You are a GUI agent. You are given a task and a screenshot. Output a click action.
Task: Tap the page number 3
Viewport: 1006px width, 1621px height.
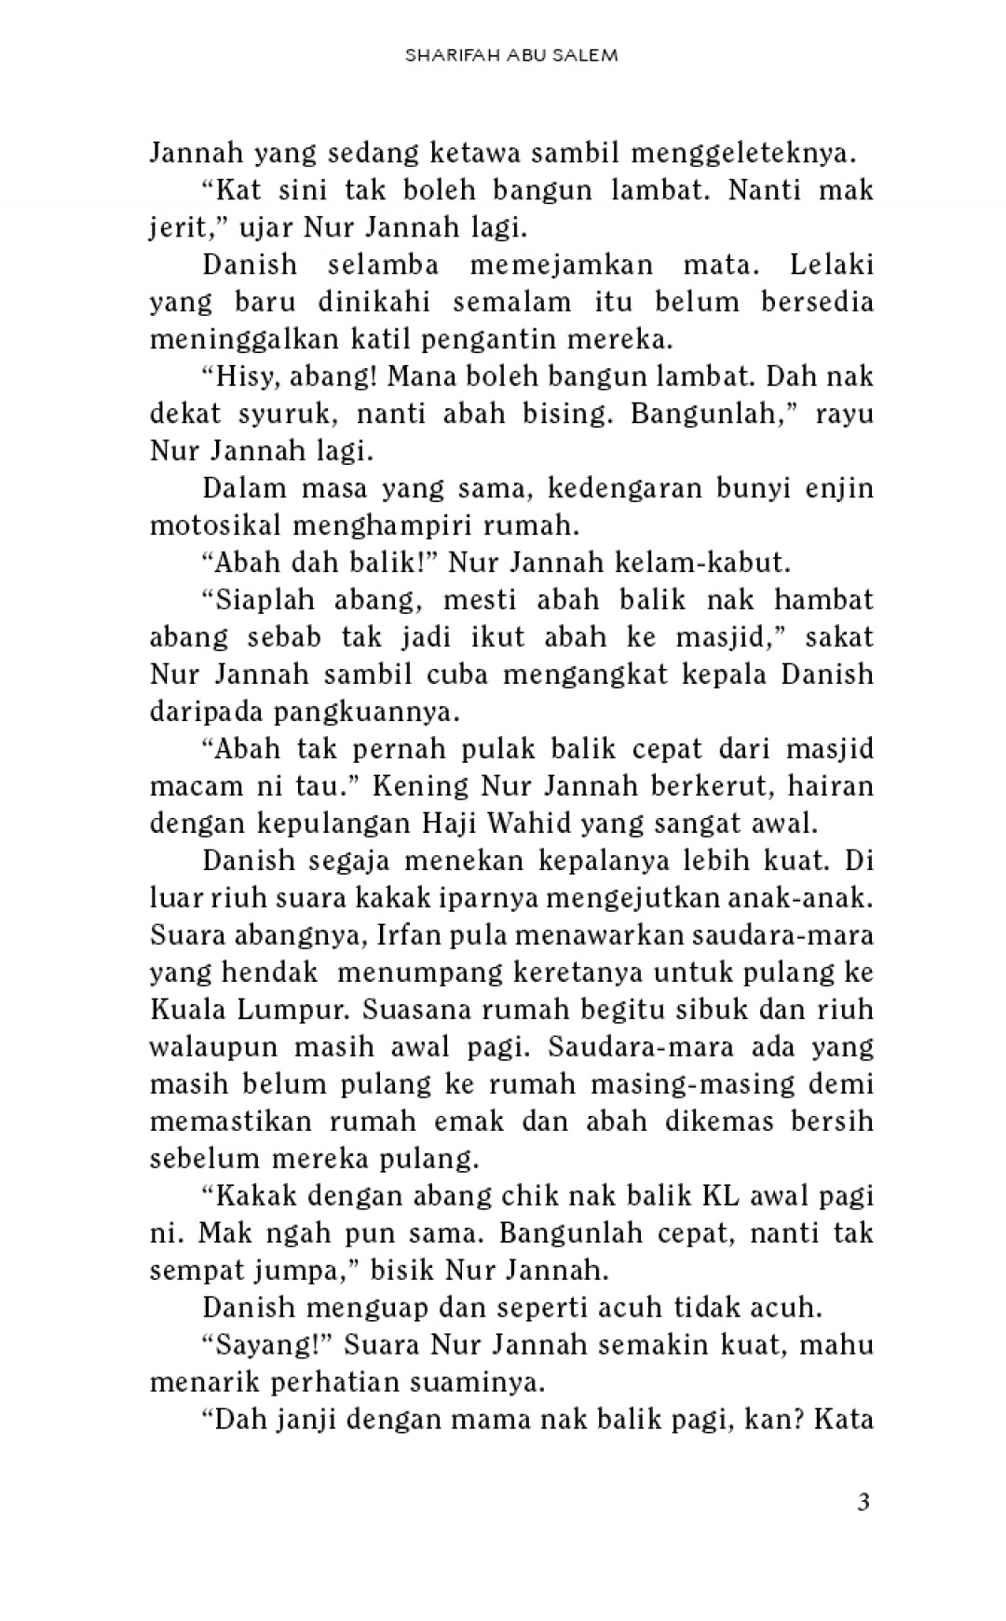(863, 1502)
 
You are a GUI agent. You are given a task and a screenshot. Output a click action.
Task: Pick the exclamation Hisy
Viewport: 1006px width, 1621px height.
(245, 376)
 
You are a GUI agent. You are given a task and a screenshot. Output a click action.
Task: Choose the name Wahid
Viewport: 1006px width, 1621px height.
(538, 824)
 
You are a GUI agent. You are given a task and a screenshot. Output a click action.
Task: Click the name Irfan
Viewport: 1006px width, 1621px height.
(413, 935)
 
